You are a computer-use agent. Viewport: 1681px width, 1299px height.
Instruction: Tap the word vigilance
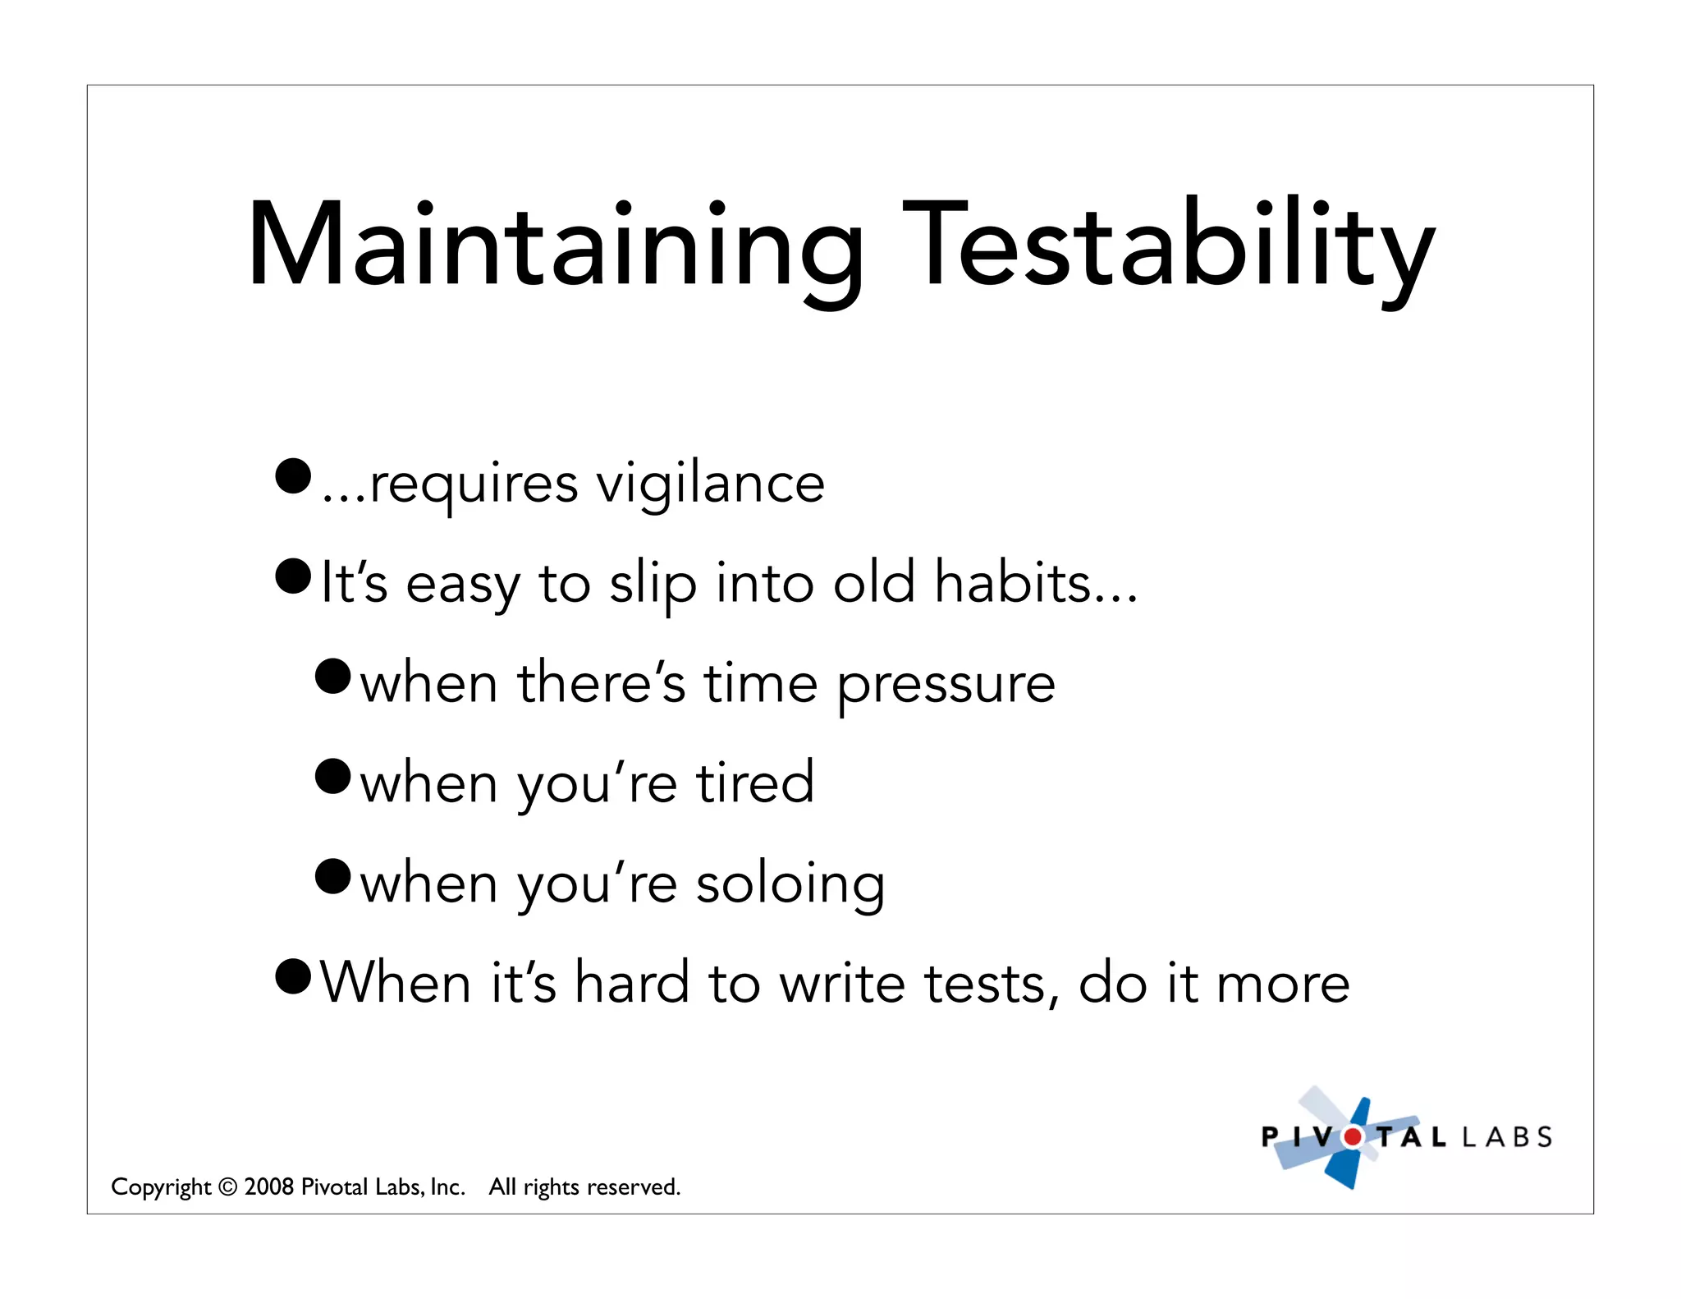click(x=710, y=484)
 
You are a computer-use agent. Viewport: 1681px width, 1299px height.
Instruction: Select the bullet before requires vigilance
click(x=293, y=476)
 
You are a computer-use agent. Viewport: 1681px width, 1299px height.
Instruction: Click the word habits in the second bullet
click(x=1013, y=582)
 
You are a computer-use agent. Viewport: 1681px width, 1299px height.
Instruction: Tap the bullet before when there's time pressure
click(x=332, y=676)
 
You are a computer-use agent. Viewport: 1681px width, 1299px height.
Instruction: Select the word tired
click(x=755, y=783)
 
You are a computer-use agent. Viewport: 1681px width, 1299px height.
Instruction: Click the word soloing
click(x=790, y=885)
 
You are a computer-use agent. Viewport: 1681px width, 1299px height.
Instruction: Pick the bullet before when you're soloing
click(x=332, y=876)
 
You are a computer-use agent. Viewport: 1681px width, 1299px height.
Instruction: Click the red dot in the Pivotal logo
click(x=1352, y=1137)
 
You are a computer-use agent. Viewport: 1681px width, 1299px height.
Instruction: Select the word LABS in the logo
click(x=1508, y=1137)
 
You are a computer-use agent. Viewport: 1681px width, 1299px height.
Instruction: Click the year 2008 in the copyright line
click(x=268, y=1187)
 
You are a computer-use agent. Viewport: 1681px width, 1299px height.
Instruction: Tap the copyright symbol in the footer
click(x=227, y=1187)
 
